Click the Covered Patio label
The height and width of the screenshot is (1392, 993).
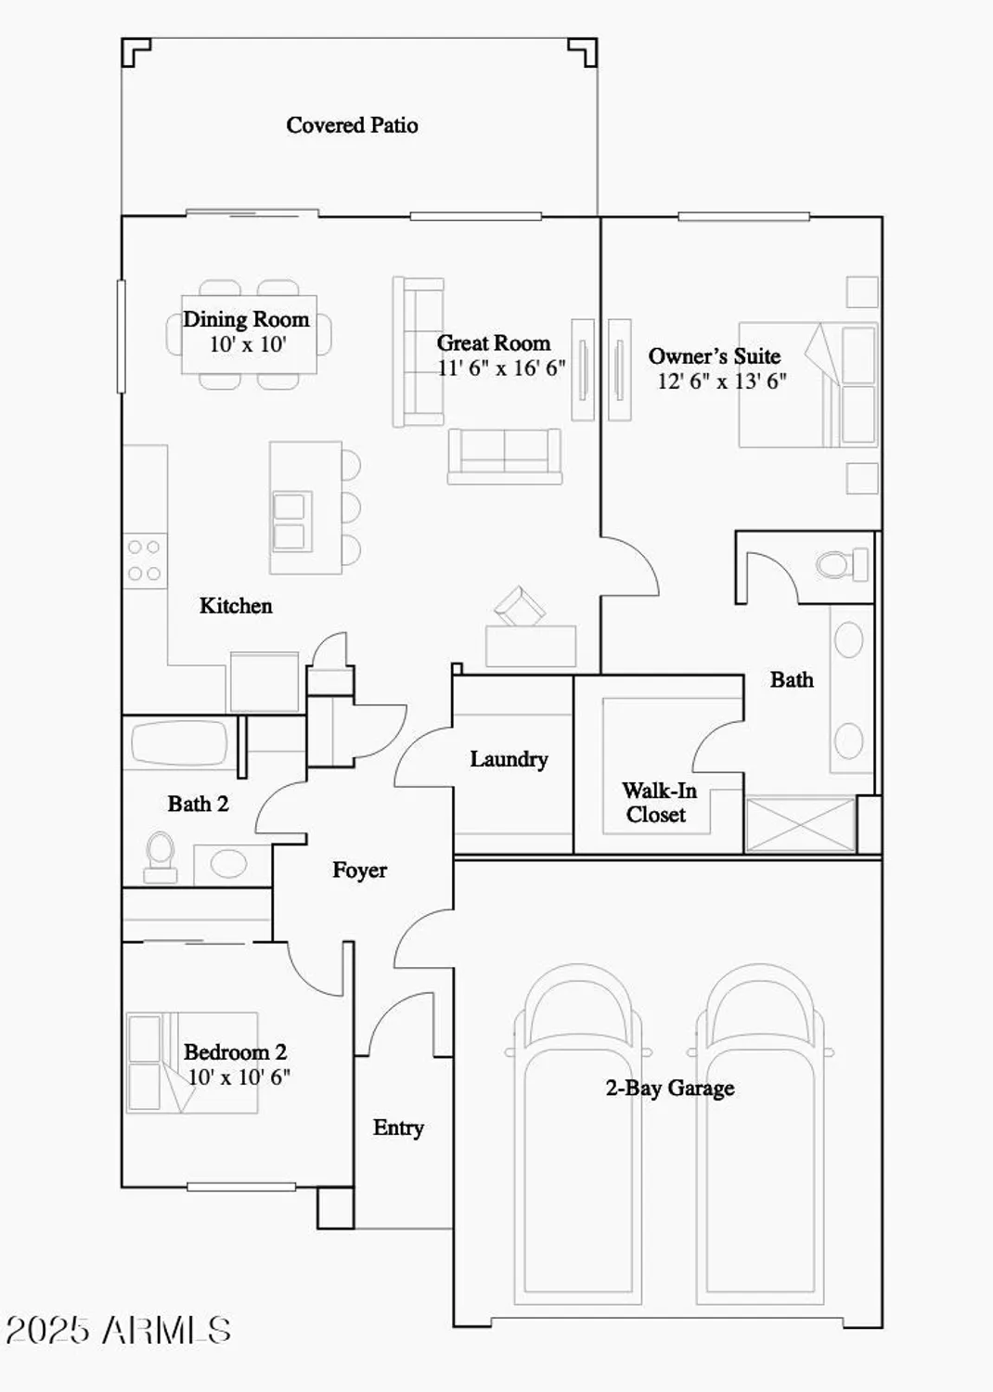pyautogui.click(x=352, y=125)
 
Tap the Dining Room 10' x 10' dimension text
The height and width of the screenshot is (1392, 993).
pyautogui.click(x=247, y=344)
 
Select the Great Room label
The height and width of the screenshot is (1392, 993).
pyautogui.click(x=493, y=343)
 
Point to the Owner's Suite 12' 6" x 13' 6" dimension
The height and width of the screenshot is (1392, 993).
pyautogui.click(x=721, y=381)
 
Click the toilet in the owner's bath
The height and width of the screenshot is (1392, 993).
pyautogui.click(x=841, y=563)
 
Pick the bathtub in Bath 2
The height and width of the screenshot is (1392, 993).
pyautogui.click(x=179, y=742)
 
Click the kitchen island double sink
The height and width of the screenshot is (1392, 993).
pyautogui.click(x=289, y=522)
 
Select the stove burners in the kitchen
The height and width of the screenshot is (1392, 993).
pyautogui.click(x=144, y=561)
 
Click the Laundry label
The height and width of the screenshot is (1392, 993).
pyautogui.click(x=509, y=759)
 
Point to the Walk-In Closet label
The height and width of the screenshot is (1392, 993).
pyautogui.click(x=658, y=803)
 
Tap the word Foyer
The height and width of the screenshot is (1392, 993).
pyautogui.click(x=359, y=870)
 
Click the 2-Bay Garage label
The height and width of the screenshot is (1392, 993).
pyautogui.click(x=669, y=1088)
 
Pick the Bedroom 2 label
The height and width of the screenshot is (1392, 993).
pyautogui.click(x=235, y=1052)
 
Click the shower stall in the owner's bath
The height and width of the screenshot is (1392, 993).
pyautogui.click(x=800, y=823)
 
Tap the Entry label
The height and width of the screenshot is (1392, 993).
pyautogui.click(x=398, y=1128)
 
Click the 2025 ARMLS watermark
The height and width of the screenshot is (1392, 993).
pyautogui.click(x=118, y=1331)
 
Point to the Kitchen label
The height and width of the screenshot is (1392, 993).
pyautogui.click(x=236, y=606)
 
